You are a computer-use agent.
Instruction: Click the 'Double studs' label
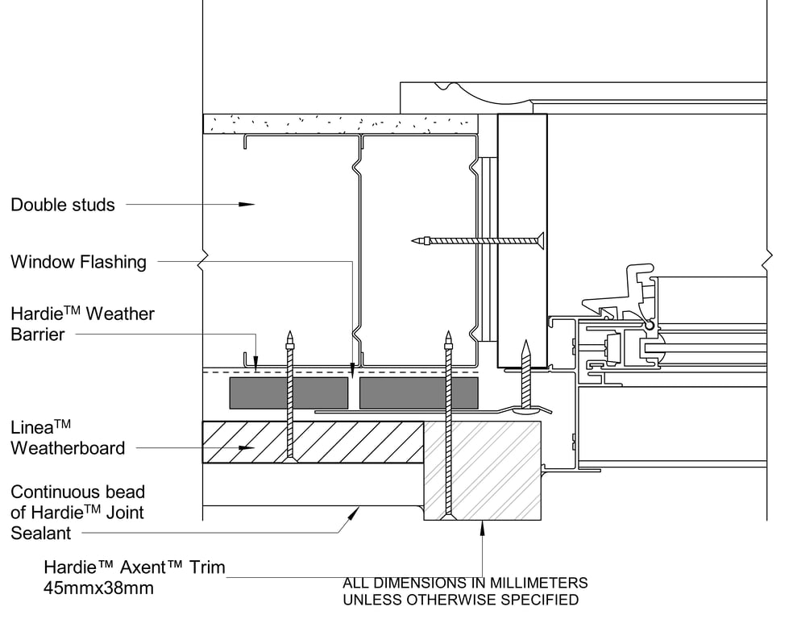(63, 205)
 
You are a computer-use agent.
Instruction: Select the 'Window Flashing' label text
(78, 262)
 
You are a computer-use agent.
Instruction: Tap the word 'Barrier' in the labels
(37, 334)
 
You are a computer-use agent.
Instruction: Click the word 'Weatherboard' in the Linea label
(68, 448)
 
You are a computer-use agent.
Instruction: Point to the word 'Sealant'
(41, 533)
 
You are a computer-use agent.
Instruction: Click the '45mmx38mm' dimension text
(98, 588)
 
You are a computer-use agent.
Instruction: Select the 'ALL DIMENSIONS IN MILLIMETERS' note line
(465, 583)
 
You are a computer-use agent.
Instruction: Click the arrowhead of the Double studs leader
(247, 204)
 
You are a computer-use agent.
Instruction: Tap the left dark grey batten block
(289, 393)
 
